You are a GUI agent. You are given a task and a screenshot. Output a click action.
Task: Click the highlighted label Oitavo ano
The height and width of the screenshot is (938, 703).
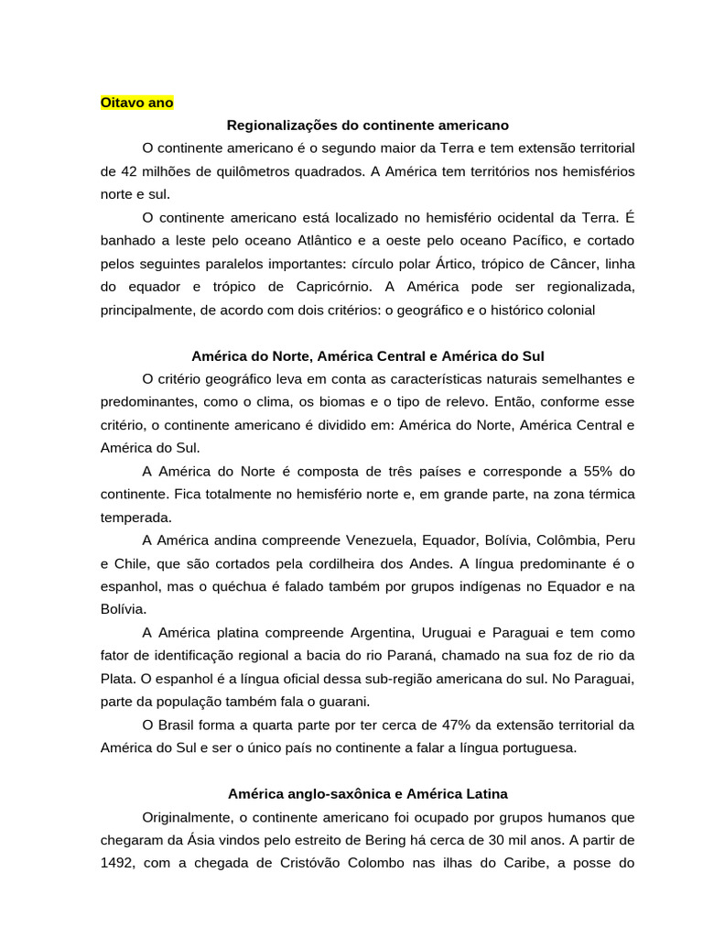pos(136,103)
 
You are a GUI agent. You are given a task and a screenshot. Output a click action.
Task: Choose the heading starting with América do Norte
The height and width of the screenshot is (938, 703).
pos(367,355)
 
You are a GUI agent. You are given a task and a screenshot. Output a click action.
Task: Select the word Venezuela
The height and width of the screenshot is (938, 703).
pos(382,540)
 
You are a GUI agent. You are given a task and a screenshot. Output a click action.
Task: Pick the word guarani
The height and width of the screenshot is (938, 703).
pos(344,701)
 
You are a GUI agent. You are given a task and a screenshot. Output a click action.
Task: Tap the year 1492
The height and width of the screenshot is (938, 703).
pos(117,863)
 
